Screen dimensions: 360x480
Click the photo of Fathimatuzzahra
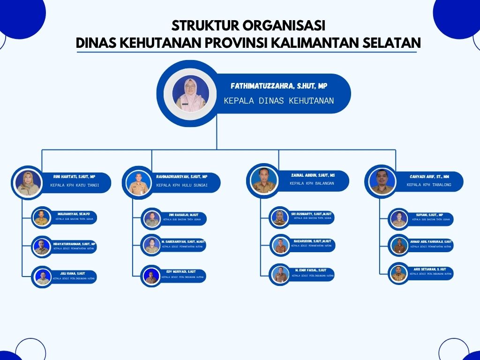(x=191, y=94)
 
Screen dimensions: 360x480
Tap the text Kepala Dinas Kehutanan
(x=279, y=100)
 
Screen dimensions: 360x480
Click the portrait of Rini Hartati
(x=29, y=182)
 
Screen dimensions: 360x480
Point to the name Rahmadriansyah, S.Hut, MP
(x=182, y=177)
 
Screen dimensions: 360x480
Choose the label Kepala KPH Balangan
(x=312, y=183)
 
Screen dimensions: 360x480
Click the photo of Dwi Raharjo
(x=152, y=218)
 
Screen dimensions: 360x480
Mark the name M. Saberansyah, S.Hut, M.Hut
(x=183, y=241)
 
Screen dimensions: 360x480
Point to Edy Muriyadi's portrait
(x=151, y=276)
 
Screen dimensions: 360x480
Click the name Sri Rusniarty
(x=311, y=214)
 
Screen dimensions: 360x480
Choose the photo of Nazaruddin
(x=280, y=245)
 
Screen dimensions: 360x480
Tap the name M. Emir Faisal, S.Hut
(x=311, y=270)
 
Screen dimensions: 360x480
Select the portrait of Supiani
(x=399, y=219)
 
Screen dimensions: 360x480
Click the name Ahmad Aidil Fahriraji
(x=431, y=241)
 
